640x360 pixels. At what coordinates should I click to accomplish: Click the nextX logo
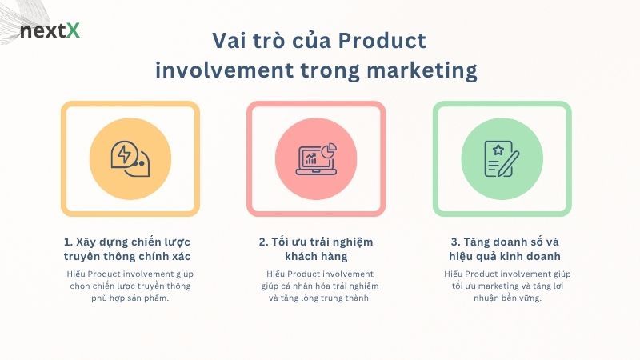pyautogui.click(x=50, y=31)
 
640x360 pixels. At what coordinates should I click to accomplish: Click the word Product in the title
pyautogui.click(x=382, y=41)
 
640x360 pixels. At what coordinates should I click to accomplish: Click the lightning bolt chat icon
pyautogui.click(x=130, y=158)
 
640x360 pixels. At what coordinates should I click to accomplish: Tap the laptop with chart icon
pyautogui.click(x=316, y=158)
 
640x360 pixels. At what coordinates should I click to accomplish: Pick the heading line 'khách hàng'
pyautogui.click(x=316, y=257)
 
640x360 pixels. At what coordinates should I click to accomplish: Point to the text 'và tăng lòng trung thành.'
pyautogui.click(x=316, y=298)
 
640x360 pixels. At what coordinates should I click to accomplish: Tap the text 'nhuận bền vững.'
pyautogui.click(x=502, y=298)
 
